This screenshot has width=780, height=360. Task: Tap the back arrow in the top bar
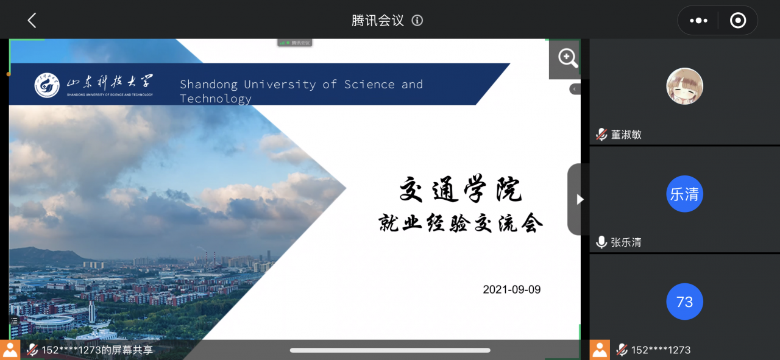click(x=32, y=20)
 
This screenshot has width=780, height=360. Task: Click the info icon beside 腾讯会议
click(x=417, y=21)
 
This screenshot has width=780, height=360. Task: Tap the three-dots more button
click(x=698, y=21)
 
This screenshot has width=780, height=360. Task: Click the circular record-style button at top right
click(x=738, y=21)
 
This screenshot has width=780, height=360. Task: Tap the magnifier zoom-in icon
click(x=567, y=58)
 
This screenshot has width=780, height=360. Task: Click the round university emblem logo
click(x=47, y=85)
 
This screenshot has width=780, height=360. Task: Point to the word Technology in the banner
click(x=216, y=99)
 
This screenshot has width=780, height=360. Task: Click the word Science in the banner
click(x=369, y=84)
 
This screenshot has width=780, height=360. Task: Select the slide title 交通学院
click(x=460, y=189)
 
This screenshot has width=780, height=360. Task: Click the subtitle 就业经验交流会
click(x=460, y=223)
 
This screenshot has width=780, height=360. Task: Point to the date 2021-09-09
click(x=511, y=289)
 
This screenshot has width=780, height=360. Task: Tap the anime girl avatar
click(x=684, y=86)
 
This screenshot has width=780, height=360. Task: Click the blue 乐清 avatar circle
click(x=684, y=194)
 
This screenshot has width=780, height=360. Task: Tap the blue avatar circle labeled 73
click(x=684, y=302)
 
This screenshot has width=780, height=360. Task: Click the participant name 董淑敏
click(x=626, y=135)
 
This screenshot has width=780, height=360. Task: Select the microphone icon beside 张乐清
click(x=601, y=242)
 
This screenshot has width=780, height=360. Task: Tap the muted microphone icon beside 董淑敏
click(x=601, y=135)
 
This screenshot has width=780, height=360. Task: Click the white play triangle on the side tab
click(x=580, y=200)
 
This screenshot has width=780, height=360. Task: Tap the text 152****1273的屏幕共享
click(x=97, y=350)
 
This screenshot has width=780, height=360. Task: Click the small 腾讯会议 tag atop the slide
click(x=294, y=43)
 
